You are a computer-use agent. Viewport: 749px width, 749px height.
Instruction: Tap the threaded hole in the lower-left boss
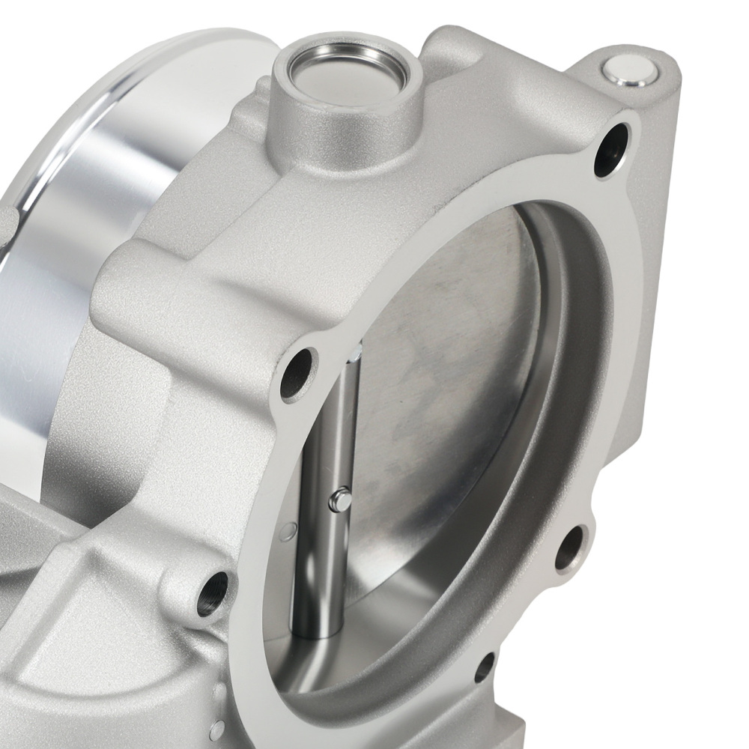click(x=210, y=592)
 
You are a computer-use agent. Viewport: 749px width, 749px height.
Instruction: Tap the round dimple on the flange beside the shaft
click(x=285, y=534)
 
